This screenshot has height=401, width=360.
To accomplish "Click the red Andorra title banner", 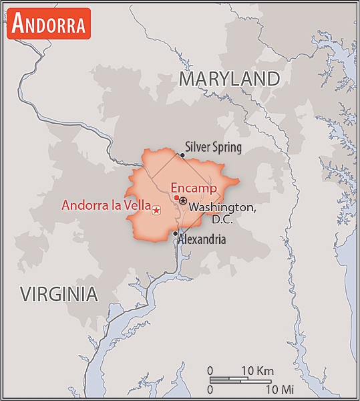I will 49,24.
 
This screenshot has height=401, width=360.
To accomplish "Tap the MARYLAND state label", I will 229,79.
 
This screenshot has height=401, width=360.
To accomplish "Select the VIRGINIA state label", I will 59,293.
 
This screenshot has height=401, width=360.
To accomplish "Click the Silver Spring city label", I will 213,147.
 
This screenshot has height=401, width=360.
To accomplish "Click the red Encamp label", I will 194,188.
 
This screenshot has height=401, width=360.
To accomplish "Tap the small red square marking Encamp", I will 176,198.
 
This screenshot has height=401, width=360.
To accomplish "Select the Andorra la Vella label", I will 106,205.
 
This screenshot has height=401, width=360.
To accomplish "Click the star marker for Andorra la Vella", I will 156,211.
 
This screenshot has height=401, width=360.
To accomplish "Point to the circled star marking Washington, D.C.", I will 183,200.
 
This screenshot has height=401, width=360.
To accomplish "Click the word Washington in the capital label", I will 222,207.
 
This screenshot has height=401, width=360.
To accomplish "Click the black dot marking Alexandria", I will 176,233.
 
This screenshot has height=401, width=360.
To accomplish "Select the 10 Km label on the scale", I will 256,370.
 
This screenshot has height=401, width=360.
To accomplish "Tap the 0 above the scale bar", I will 210,370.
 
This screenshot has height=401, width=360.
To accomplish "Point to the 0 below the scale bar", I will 210,388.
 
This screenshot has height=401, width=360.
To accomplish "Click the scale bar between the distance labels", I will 240,380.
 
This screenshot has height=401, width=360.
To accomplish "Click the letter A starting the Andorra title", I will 19,24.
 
